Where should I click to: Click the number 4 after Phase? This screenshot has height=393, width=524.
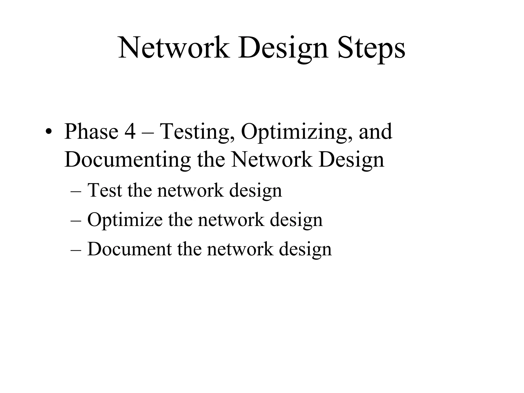click(x=130, y=132)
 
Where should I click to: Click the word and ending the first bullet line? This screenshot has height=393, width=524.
click(x=375, y=132)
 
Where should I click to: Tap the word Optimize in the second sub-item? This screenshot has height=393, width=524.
click(x=125, y=220)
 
